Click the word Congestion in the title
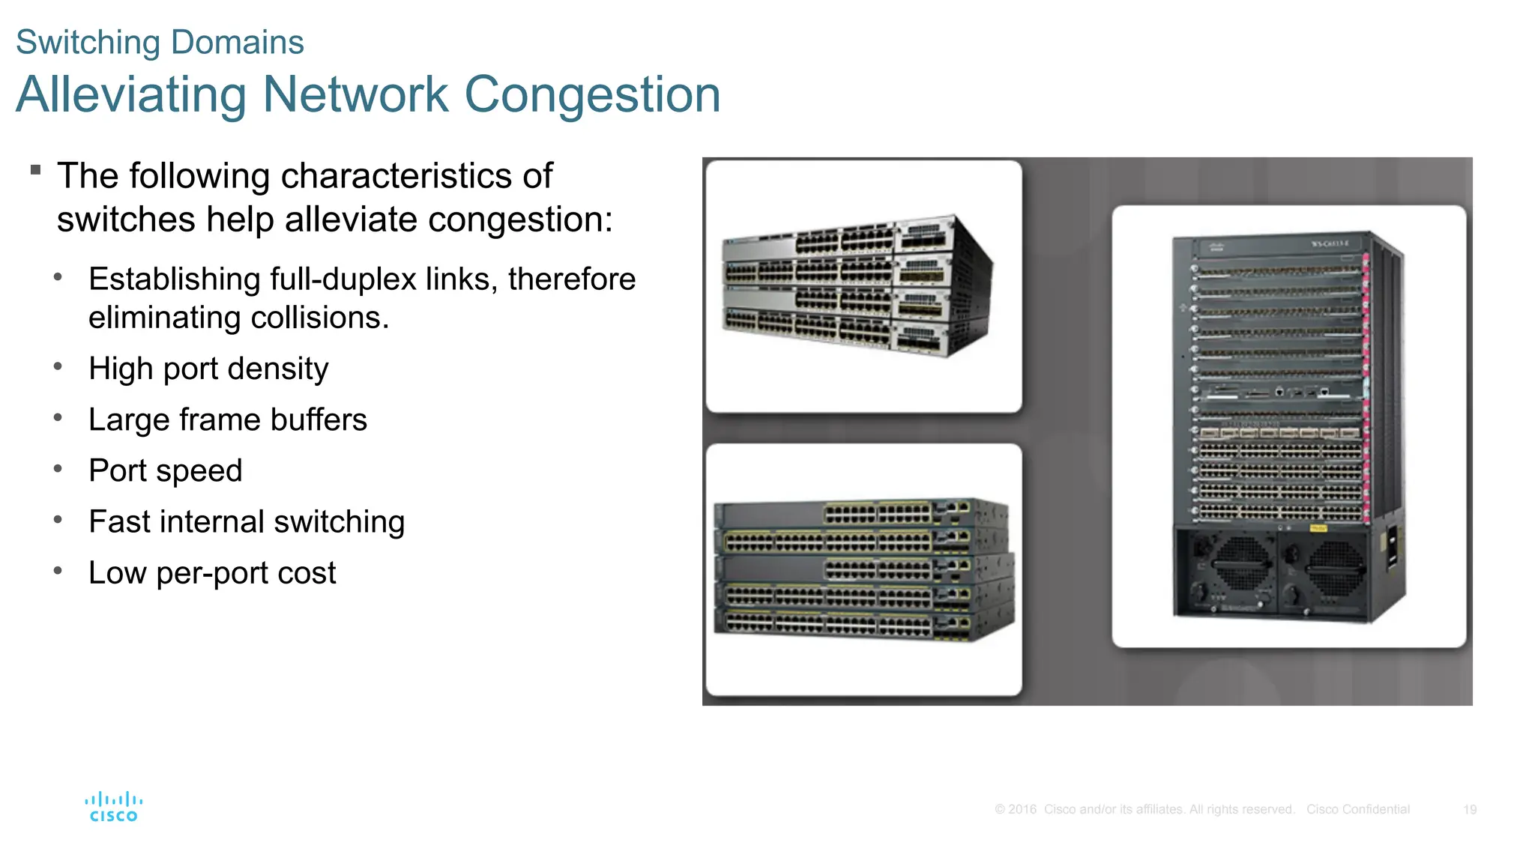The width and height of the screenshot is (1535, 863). point(592,95)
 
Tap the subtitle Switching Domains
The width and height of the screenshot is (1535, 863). point(160,43)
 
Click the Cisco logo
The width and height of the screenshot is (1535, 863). point(113,807)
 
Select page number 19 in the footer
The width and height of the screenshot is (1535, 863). point(1469,810)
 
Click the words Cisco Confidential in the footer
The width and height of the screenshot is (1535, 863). point(1357,810)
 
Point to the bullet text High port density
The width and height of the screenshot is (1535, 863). point(208,369)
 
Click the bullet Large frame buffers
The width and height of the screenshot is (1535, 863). point(227,420)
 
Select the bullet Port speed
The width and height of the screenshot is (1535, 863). point(165,470)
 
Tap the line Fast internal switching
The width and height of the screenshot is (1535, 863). point(246,521)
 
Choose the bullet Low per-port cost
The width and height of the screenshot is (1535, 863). point(211,573)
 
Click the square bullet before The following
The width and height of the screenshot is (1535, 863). point(35,170)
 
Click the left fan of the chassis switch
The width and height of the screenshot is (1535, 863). point(1240,566)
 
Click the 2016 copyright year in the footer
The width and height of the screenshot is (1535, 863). point(1022,810)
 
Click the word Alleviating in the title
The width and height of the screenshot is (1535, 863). point(130,95)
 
